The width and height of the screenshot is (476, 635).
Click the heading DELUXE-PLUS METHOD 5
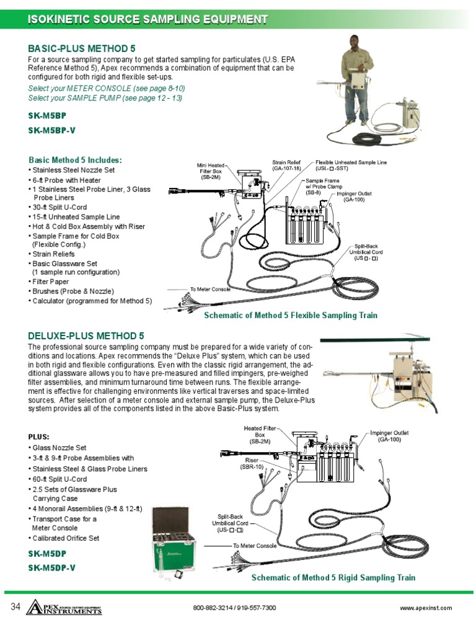click(86, 336)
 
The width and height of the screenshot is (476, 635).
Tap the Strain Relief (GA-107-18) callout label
click(286, 165)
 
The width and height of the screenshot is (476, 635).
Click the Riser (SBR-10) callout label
click(252, 463)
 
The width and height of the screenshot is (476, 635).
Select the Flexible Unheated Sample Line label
click(351, 165)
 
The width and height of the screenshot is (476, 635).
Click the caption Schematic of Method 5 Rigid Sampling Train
click(333, 577)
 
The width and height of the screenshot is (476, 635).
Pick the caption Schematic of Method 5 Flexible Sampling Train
click(291, 316)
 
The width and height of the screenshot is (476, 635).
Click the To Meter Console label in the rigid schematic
click(255, 546)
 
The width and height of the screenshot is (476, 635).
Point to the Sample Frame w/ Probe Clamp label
click(322, 187)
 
